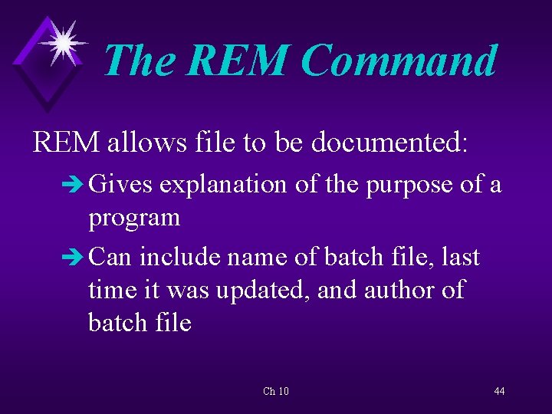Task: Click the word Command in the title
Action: tap(399, 61)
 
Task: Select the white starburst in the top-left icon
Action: tap(62, 41)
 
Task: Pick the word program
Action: tap(134, 219)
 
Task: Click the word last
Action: tap(461, 257)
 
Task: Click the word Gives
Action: tap(121, 185)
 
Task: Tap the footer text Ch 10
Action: tap(276, 392)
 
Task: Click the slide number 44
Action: tap(499, 392)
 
